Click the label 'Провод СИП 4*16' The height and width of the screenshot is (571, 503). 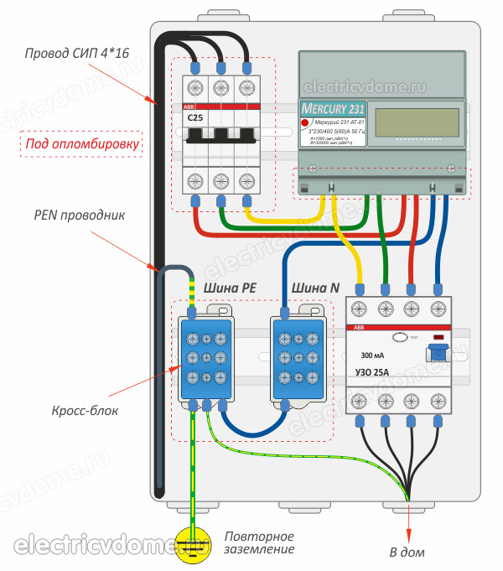70,55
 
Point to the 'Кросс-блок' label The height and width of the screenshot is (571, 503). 77,411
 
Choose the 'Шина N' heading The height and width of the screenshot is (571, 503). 314,288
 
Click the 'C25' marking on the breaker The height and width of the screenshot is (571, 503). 195,118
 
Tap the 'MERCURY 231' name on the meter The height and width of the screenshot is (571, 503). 331,108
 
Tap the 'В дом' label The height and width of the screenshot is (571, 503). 407,552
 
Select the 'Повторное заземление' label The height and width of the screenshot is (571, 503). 259,542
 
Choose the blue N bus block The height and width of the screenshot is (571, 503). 300,357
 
